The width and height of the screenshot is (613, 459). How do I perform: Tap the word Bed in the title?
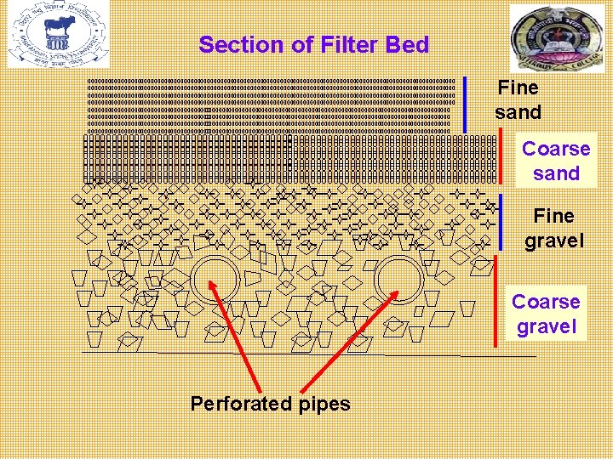408,45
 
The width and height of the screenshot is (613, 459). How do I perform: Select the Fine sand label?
518,99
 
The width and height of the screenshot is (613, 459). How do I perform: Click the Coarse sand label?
556,161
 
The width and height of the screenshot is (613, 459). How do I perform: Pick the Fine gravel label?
554,228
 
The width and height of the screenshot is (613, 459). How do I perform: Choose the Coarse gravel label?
546,314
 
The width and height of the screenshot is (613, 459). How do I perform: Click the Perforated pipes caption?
270,403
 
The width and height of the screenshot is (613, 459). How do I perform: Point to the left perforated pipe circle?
216,279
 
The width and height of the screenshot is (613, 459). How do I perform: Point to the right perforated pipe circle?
398,279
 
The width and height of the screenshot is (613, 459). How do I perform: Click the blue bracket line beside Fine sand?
465,105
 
